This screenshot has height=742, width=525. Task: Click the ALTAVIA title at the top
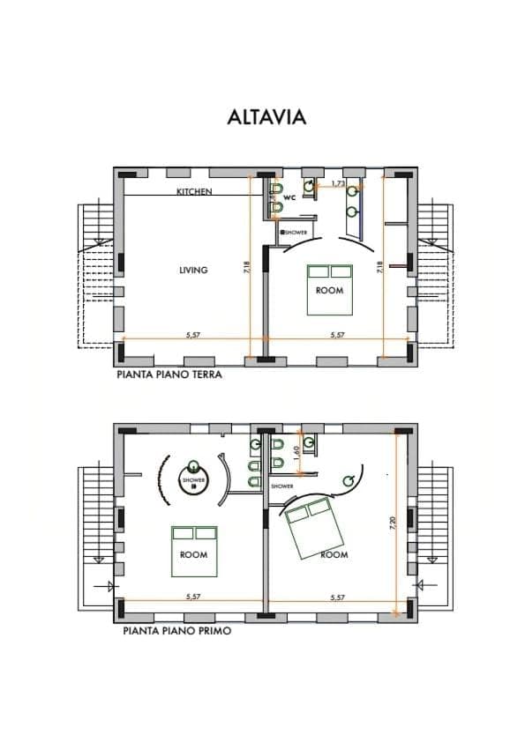pyautogui.click(x=266, y=117)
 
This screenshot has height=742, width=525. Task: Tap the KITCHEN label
pyautogui.click(x=193, y=191)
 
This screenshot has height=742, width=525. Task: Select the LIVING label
pyautogui.click(x=193, y=271)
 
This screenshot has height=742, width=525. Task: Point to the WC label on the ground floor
pyautogui.click(x=289, y=198)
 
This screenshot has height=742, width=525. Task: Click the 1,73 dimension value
pyautogui.click(x=338, y=183)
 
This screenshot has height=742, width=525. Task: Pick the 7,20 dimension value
pyautogui.click(x=392, y=523)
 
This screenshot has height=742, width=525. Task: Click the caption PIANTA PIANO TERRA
pyautogui.click(x=169, y=374)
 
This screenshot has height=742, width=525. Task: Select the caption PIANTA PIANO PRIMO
pyautogui.click(x=177, y=631)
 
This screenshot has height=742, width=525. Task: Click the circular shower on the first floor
pyautogui.click(x=193, y=480)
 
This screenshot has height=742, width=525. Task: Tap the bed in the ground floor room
pyautogui.click(x=329, y=289)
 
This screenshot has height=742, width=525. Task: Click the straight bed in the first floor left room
pyautogui.click(x=193, y=551)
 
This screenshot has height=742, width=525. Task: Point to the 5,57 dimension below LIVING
pyautogui.click(x=193, y=335)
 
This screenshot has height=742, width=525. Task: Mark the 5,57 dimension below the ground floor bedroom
pyautogui.click(x=337, y=335)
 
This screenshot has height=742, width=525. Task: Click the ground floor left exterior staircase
pyautogui.click(x=95, y=275)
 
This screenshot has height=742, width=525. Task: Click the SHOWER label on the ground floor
pyautogui.click(x=295, y=233)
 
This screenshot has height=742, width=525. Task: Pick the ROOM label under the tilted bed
pyautogui.click(x=334, y=555)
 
